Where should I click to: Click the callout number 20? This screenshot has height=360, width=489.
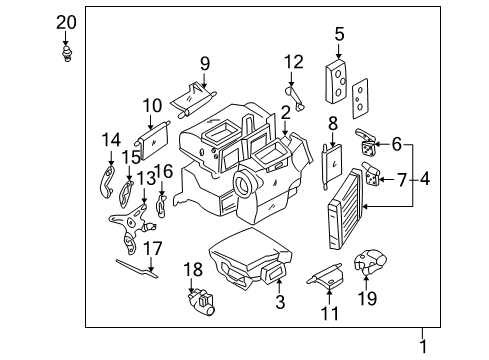pyautogui.click(x=66, y=23)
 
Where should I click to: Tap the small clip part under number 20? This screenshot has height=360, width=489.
pyautogui.click(x=67, y=54)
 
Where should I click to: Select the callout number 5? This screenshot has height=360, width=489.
pyautogui.click(x=339, y=34)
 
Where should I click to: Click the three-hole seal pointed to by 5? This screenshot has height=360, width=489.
pyautogui.click(x=336, y=82)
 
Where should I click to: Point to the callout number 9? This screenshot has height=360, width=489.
pyautogui.click(x=205, y=63)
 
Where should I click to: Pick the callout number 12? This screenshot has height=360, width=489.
pyautogui.click(x=294, y=62)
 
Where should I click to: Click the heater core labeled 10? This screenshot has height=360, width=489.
pyautogui.click(x=153, y=141)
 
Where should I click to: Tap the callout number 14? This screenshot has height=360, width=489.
pyautogui.click(x=111, y=140)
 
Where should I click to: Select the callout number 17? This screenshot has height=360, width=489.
pyautogui.click(x=153, y=248)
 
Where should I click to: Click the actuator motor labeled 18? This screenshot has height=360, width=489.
pyautogui.click(x=201, y=302)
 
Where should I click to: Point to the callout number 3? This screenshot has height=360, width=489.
pyautogui.click(x=280, y=302)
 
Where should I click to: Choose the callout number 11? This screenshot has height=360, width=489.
pyautogui.click(x=329, y=313)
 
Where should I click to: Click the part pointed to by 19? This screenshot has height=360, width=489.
pyautogui.click(x=370, y=261)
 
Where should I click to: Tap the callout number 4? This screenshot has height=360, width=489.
pyautogui.click(x=425, y=179)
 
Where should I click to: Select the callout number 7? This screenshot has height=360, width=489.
pyautogui.click(x=402, y=180)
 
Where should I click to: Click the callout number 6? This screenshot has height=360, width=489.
pyautogui.click(x=396, y=144)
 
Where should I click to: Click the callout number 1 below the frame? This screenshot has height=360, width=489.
pyautogui.click(x=423, y=347)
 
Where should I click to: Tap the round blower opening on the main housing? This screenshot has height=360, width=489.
pyautogui.click(x=246, y=183)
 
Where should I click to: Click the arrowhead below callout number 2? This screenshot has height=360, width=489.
pyautogui.click(x=285, y=133)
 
